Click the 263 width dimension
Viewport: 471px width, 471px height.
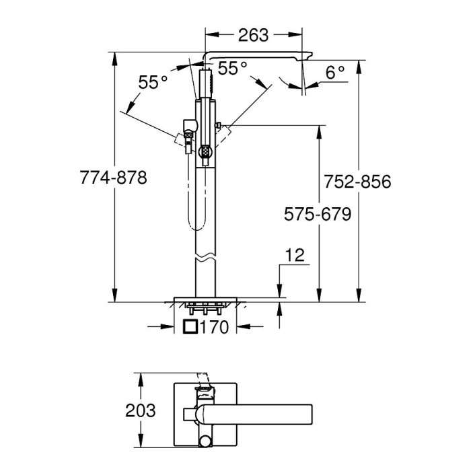point(253,36)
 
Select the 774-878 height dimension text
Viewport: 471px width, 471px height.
point(114,177)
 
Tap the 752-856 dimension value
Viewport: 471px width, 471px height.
point(357,182)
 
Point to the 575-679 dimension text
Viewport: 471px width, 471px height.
point(318,214)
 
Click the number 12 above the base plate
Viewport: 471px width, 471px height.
point(295,255)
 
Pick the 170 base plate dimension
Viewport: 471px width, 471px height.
point(214,327)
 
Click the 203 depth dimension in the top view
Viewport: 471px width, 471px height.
point(141,410)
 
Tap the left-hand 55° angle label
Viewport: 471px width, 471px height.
point(153,82)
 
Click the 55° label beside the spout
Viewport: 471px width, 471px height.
point(232,68)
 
